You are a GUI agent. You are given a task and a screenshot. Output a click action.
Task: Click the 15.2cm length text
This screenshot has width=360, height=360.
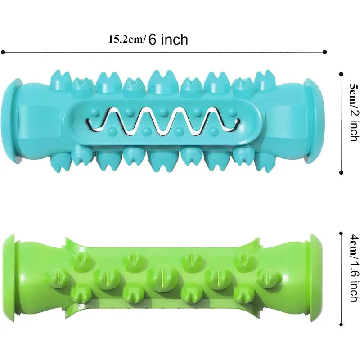[126, 40]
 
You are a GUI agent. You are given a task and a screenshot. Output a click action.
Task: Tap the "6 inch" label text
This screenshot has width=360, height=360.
[168, 39]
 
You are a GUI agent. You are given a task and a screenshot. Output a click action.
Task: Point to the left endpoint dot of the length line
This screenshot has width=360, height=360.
[3, 52]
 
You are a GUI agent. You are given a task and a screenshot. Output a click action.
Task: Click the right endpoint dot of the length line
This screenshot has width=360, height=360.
[324, 52]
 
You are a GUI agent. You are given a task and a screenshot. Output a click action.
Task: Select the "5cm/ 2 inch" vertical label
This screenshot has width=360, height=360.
[354, 112]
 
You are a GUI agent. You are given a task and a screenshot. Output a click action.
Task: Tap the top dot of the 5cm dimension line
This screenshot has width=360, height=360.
[341, 74]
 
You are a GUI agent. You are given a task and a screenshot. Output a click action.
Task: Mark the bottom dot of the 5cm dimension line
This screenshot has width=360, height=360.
[341, 172]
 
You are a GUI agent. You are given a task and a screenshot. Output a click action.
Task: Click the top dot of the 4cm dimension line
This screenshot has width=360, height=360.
[341, 234]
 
